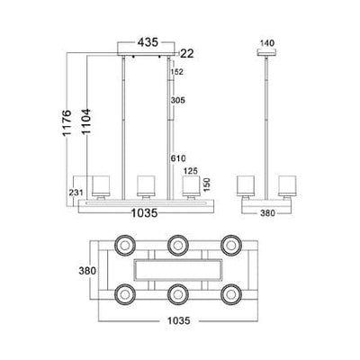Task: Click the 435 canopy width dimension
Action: pyautogui.click(x=148, y=42)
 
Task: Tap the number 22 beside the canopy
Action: pyautogui.click(x=187, y=54)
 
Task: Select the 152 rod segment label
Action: pyautogui.click(x=176, y=72)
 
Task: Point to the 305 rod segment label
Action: pyautogui.click(x=178, y=100)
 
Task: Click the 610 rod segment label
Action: pyautogui.click(x=178, y=158)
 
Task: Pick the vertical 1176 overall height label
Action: pyautogui.click(x=67, y=123)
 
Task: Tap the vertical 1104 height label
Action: pyautogui.click(x=86, y=121)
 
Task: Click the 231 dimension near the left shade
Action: pyautogui.click(x=76, y=193)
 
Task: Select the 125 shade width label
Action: pyautogui.click(x=191, y=171)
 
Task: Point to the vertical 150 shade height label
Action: pyautogui.click(x=207, y=184)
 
